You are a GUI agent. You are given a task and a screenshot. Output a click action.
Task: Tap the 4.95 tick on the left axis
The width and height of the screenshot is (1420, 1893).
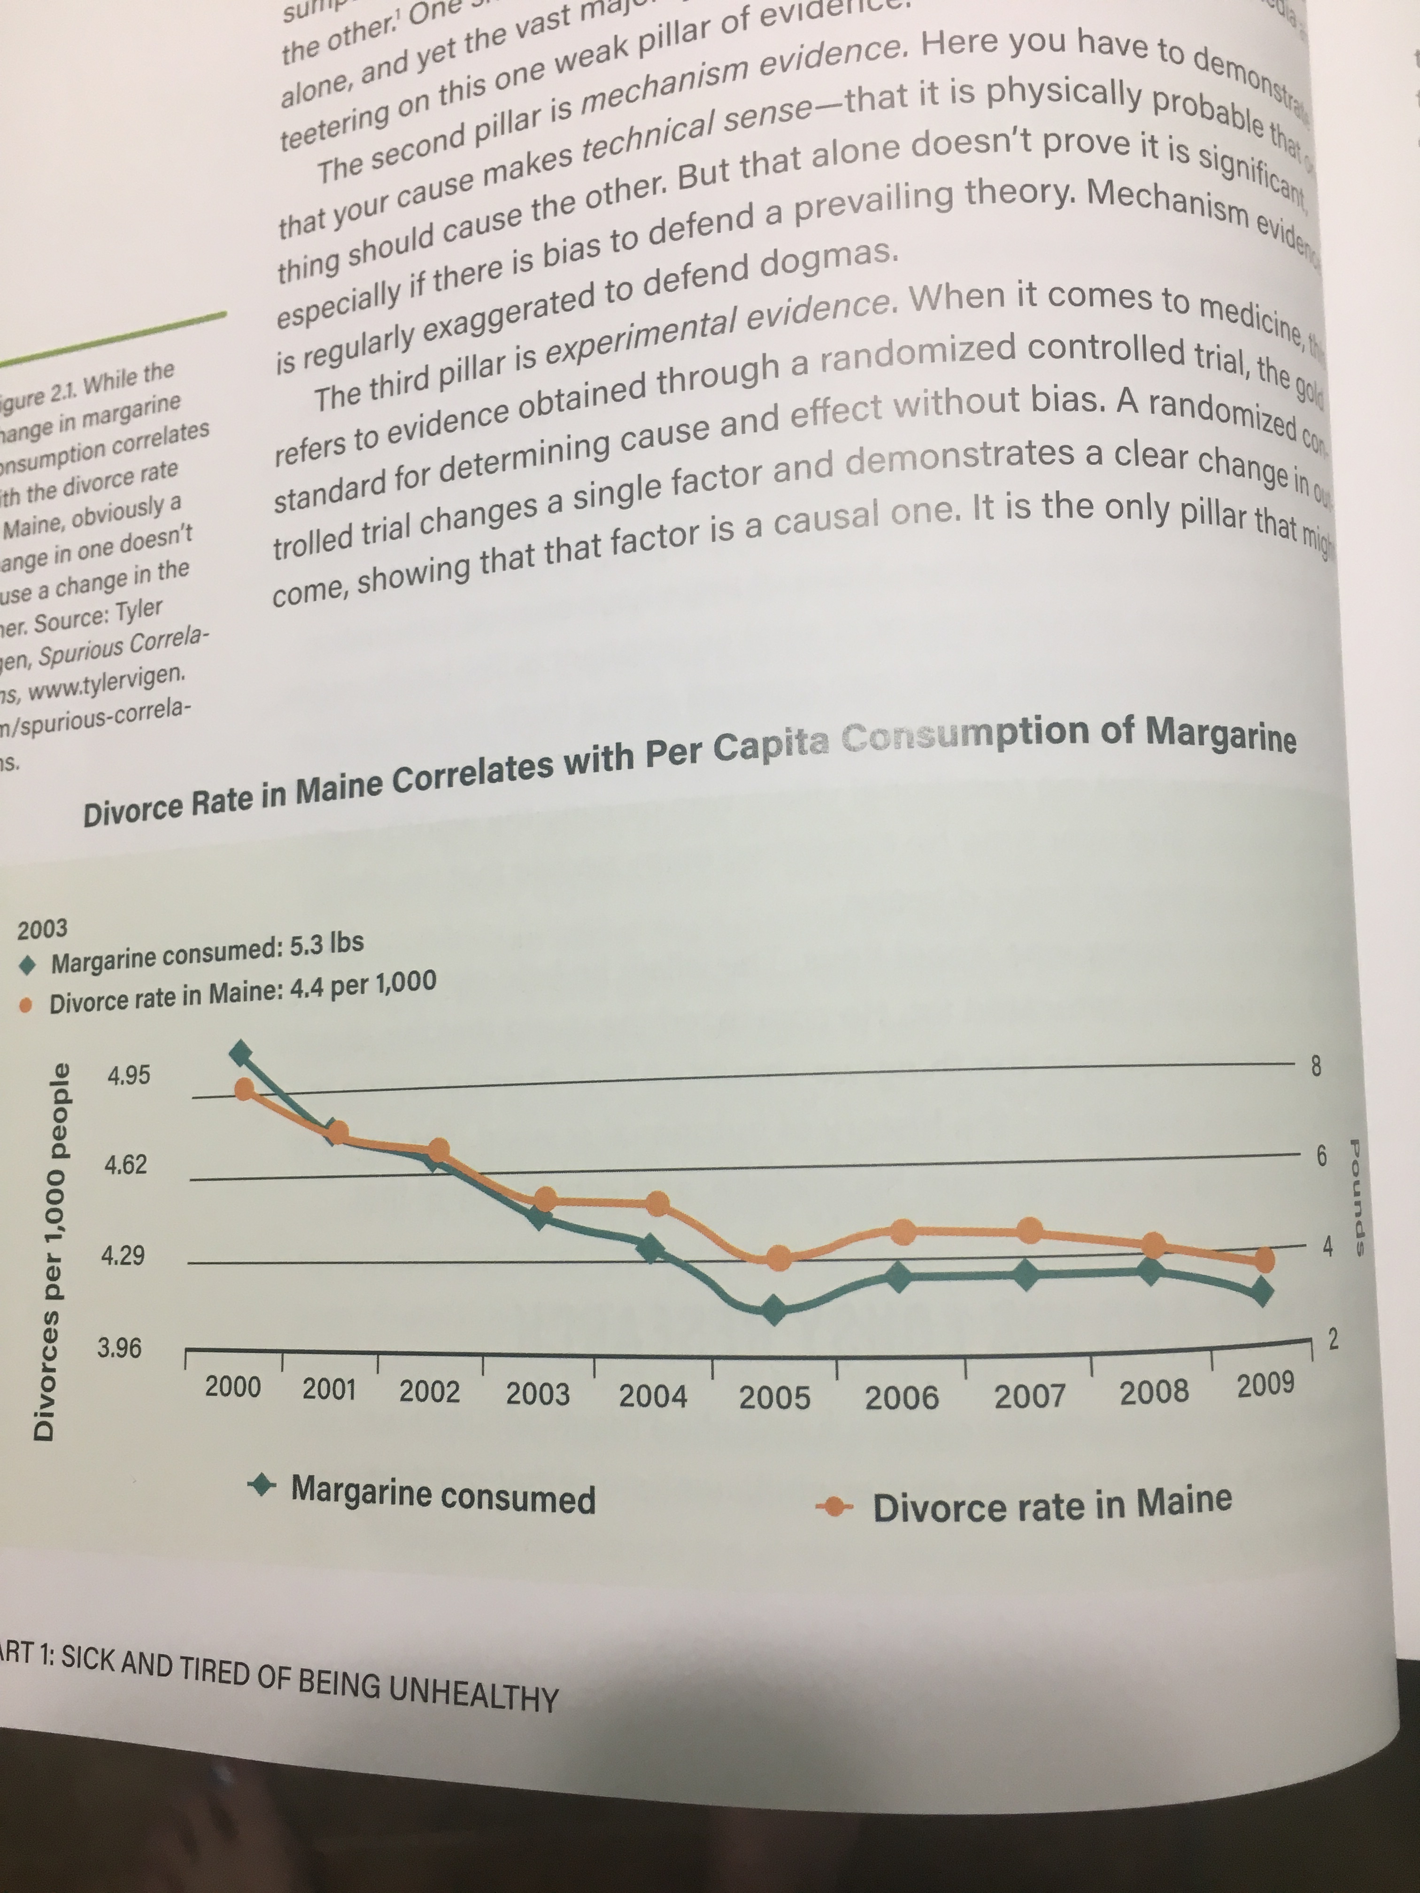(x=128, y=1075)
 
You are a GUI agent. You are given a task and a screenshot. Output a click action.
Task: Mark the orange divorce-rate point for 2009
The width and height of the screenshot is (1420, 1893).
(x=1264, y=1260)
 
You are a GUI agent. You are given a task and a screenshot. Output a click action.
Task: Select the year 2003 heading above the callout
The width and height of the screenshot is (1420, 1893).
(x=43, y=929)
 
